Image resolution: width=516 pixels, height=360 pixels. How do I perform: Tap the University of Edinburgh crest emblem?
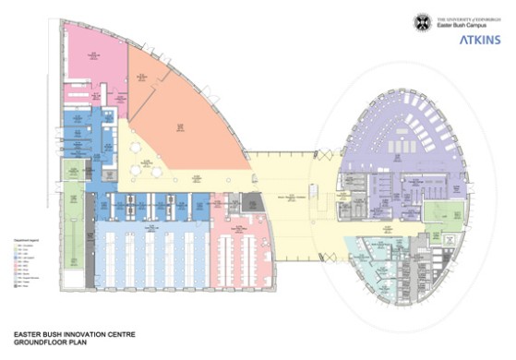click(x=424, y=22)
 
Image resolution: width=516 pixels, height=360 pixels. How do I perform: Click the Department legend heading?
click(x=23, y=238)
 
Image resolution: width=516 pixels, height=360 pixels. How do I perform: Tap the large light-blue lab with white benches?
click(x=152, y=258)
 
